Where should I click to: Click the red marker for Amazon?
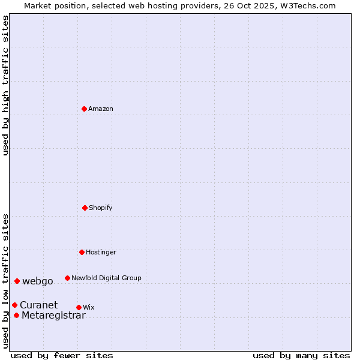pyautogui.click(x=84, y=109)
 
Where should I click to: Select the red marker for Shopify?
pyautogui.click(x=85, y=208)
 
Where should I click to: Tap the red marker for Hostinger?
pyautogui.click(x=82, y=252)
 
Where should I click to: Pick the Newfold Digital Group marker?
pyautogui.click(x=67, y=278)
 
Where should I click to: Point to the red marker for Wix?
pyautogui.click(x=79, y=307)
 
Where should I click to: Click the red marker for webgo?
pyautogui.click(x=17, y=281)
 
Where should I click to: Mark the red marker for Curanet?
pyautogui.click(x=14, y=305)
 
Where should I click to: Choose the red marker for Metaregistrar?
pyautogui.click(x=16, y=316)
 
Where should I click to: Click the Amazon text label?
pyautogui.click(x=101, y=109)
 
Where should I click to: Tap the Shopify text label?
pyautogui.click(x=101, y=208)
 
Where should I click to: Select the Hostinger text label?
pyautogui.click(x=101, y=252)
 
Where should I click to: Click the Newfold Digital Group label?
pyautogui.click(x=106, y=278)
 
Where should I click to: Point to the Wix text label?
pyautogui.click(x=89, y=307)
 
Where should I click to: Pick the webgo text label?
pyautogui.click(x=38, y=281)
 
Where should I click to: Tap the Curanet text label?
pyautogui.click(x=39, y=305)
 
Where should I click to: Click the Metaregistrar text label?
pyautogui.click(x=53, y=316)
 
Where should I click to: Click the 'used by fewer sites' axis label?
pyautogui.click(x=62, y=355)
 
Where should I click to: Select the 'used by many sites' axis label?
pyautogui.click(x=301, y=355)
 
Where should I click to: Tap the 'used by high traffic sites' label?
pyautogui.click(x=5, y=85)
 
